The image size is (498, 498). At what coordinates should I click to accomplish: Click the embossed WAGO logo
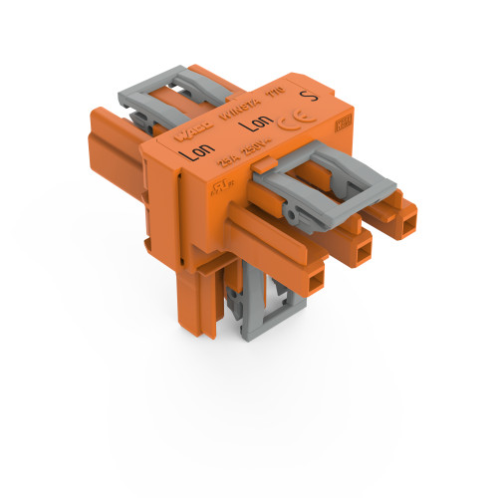(190, 128)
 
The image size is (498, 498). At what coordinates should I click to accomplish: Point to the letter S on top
(308, 97)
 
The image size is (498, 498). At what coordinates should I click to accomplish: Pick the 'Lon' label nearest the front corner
(199, 153)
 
